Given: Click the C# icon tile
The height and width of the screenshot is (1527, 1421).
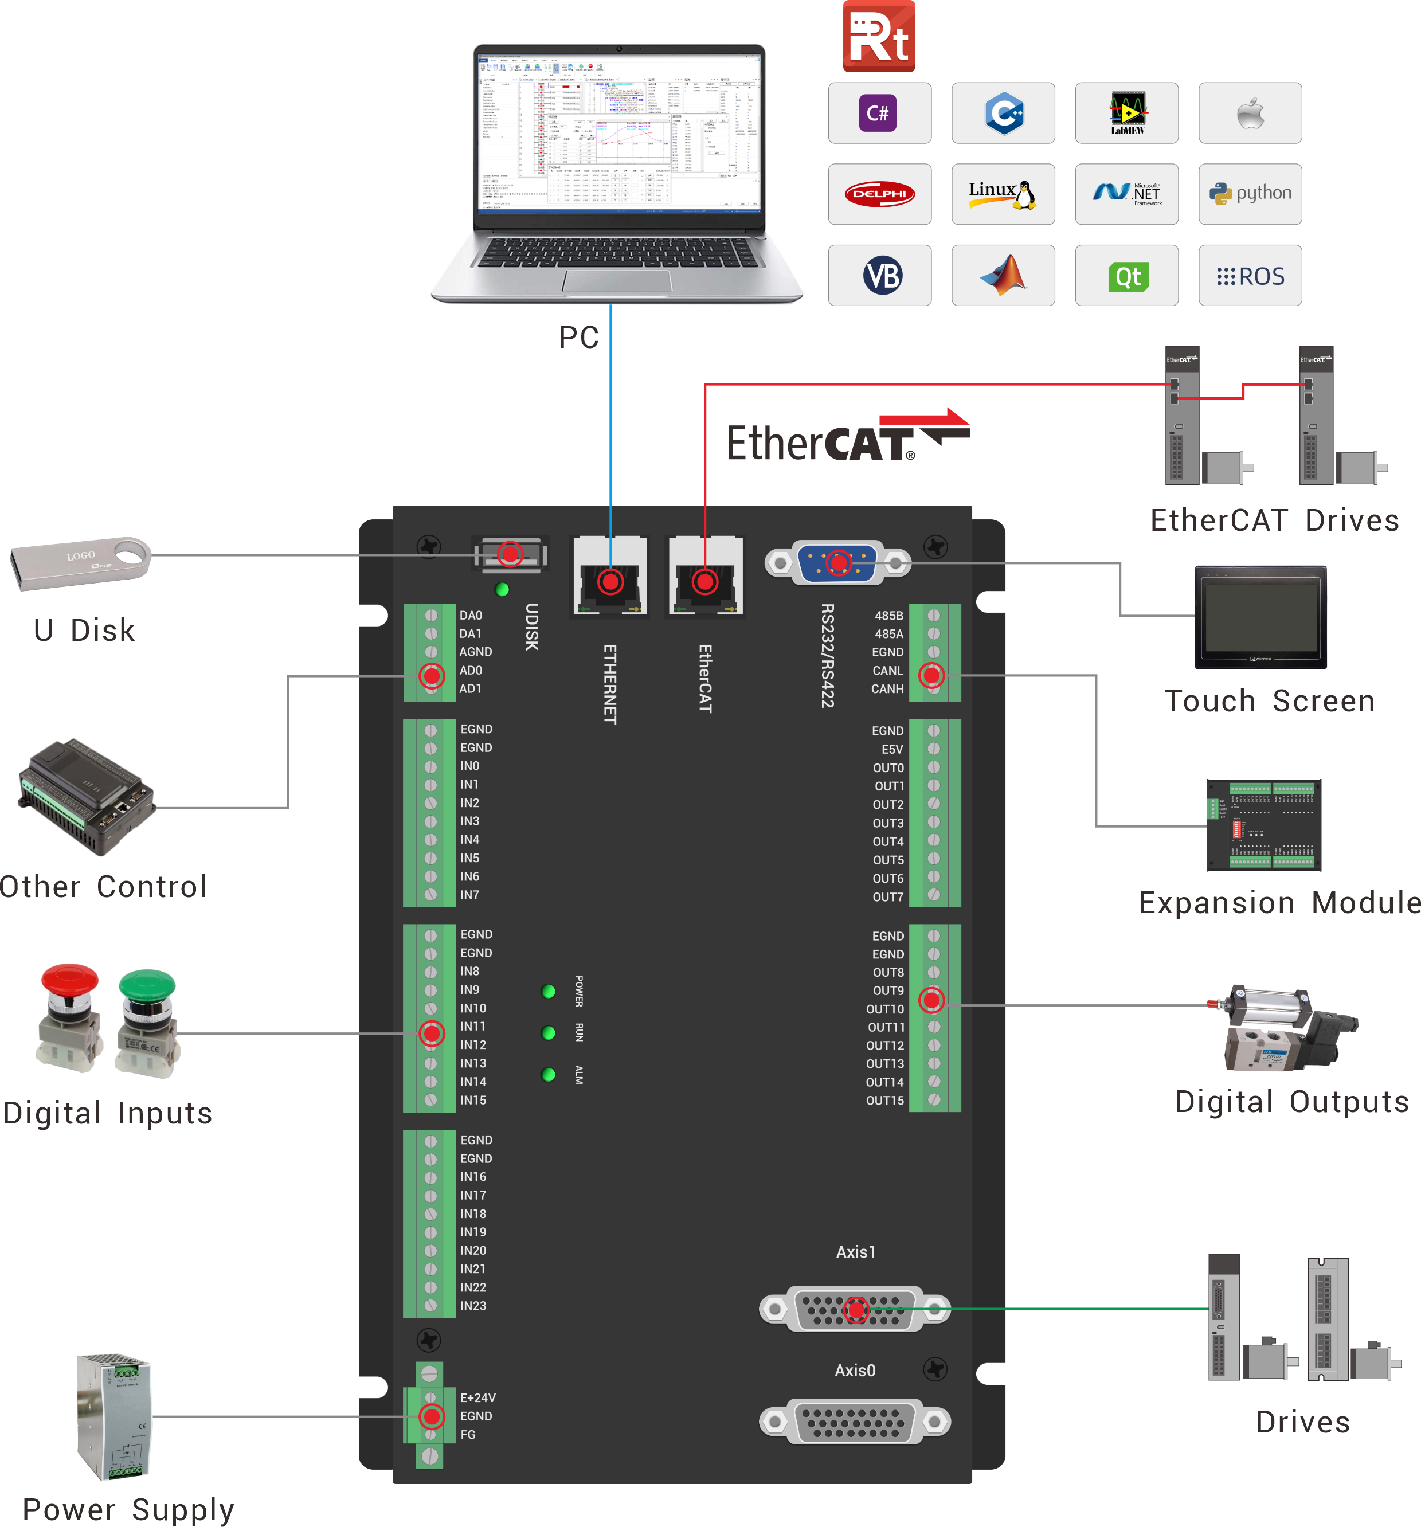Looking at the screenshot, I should [x=879, y=113].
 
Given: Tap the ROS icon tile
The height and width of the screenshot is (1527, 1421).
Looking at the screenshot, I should [x=1249, y=276].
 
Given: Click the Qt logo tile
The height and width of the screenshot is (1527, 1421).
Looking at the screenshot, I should [x=1126, y=276].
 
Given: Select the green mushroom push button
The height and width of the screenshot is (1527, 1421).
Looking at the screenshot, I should [x=147, y=1021].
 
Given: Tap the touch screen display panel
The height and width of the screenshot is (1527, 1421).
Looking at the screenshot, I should [x=1260, y=617].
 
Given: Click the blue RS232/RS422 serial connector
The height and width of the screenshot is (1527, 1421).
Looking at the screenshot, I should [x=837, y=563].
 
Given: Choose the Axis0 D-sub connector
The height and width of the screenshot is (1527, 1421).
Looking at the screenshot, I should [x=854, y=1421].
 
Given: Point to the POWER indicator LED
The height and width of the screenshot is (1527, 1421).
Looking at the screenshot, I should [x=549, y=991].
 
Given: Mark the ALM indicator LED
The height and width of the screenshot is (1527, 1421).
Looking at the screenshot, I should [x=549, y=1074].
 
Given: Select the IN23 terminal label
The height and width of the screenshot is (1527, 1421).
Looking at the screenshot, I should [x=473, y=1306].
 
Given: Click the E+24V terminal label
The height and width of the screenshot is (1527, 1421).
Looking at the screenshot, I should [x=477, y=1398].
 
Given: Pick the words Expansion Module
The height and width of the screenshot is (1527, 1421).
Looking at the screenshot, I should [x=1279, y=903].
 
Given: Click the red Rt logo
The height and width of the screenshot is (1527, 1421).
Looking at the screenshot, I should [x=878, y=36].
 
